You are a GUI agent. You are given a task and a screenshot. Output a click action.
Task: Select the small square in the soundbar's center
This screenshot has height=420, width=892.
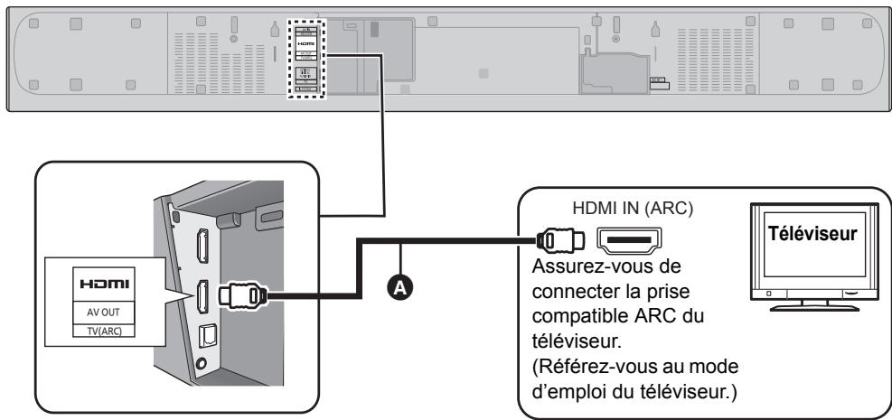coord(484,70)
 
